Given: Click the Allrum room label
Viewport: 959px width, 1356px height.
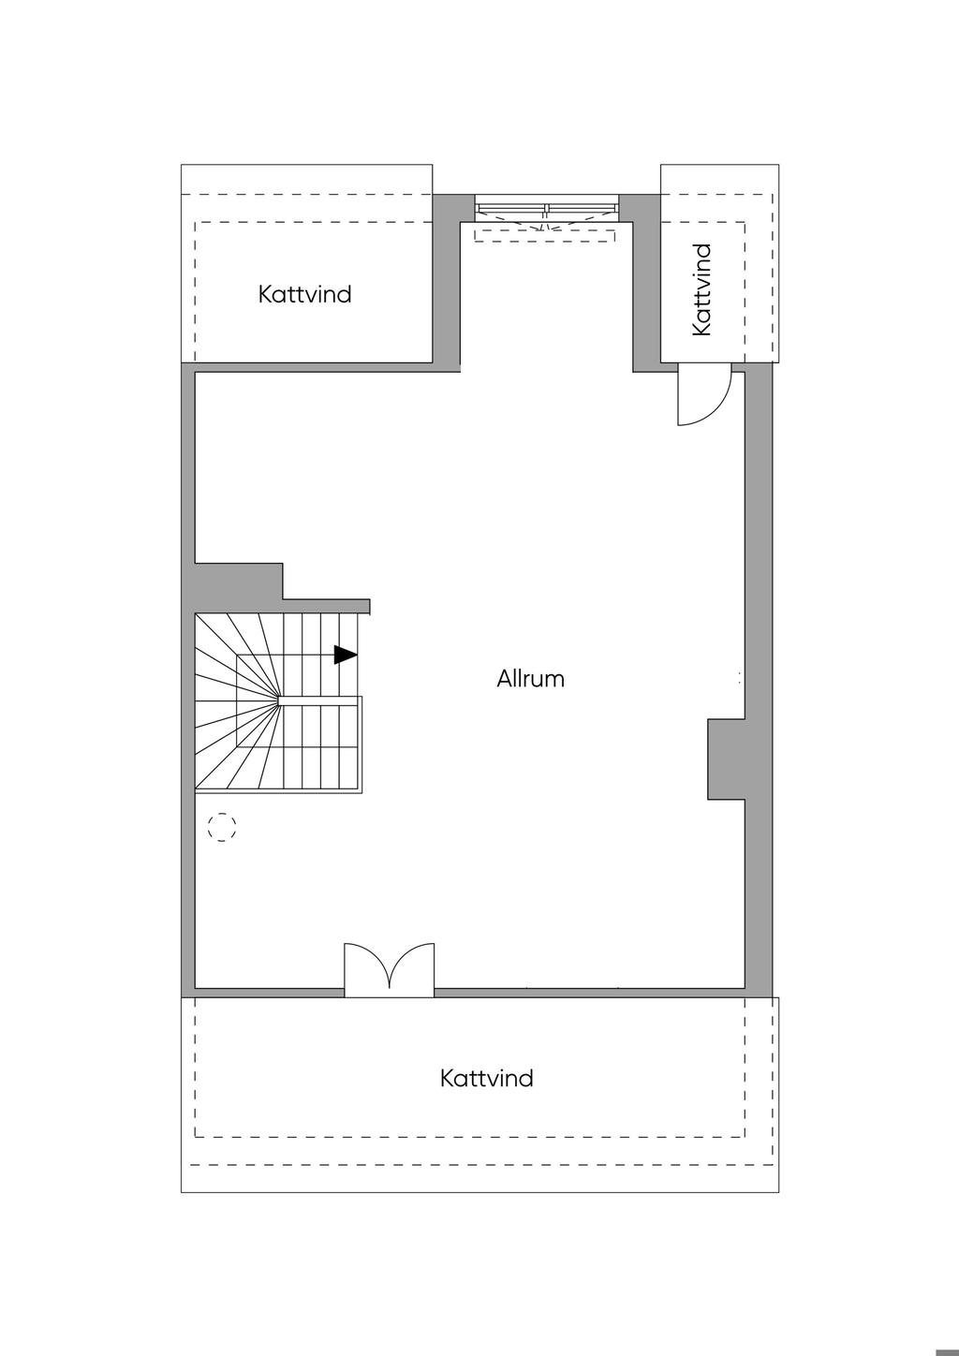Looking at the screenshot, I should click(530, 679).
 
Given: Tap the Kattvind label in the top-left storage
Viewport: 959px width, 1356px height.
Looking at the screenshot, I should click(305, 294).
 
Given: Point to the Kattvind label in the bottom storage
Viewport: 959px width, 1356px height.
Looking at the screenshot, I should click(486, 1078).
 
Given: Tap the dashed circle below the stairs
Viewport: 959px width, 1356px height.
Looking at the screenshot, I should click(221, 826).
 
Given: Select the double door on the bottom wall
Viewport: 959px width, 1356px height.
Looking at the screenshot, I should click(390, 970).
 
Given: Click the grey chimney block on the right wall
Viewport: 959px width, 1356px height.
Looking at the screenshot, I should click(726, 759).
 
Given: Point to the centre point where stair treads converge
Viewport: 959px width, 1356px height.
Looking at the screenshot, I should click(279, 698).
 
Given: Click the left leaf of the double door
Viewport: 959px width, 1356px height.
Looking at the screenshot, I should click(366, 968).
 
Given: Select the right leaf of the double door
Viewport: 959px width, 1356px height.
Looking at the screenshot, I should click(413, 968).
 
